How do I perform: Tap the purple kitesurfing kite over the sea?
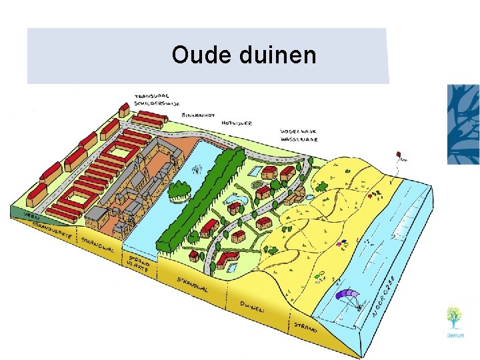pyautogui.click(x=347, y=294)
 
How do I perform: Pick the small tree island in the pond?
pyautogui.click(x=179, y=191)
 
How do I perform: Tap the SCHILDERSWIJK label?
pyautogui.click(x=151, y=104)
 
